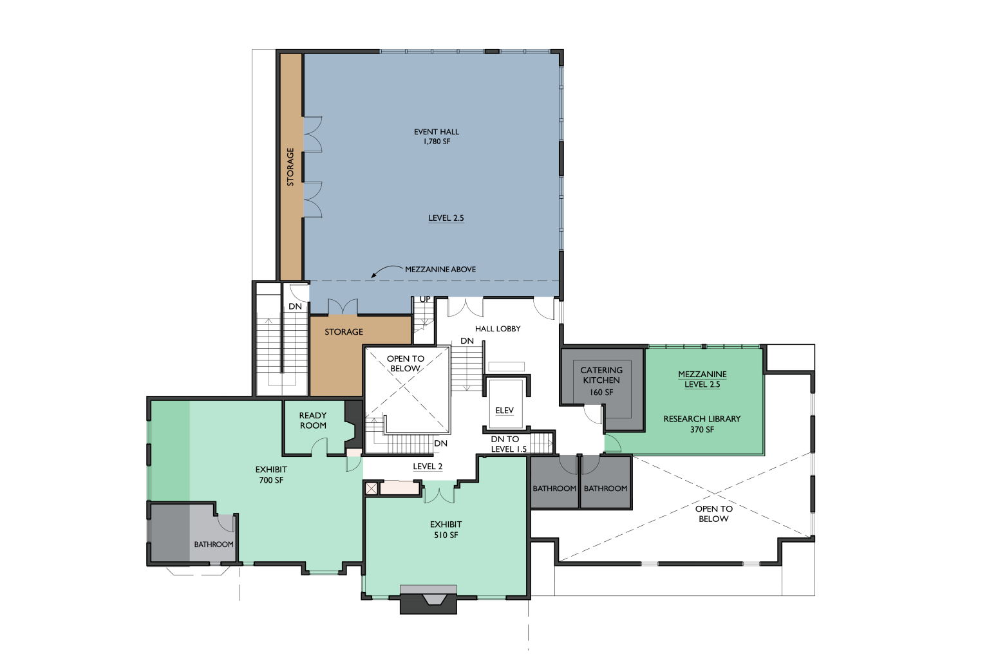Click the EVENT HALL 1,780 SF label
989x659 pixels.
coord(436,136)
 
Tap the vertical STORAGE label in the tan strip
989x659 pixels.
coord(290,167)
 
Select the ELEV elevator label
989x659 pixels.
coord(504,411)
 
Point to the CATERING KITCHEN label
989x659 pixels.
coord(601,375)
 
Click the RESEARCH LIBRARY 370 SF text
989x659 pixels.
coord(702,423)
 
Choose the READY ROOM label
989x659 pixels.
coord(312,420)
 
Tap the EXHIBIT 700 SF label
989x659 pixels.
coord(271,474)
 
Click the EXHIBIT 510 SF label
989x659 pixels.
coord(446,529)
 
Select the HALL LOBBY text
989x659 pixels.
coord(498,328)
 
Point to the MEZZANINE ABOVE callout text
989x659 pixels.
coord(440,269)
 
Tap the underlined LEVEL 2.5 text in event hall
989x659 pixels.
coord(446,218)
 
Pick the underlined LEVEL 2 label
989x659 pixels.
coord(428,467)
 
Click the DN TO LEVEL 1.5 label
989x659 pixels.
coord(509,444)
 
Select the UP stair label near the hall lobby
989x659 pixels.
coord(425,299)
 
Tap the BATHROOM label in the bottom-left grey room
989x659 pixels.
coord(214,544)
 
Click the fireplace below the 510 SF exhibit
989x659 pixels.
coord(428,599)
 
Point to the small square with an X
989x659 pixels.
coord(372,488)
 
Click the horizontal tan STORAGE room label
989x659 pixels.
coord(344,332)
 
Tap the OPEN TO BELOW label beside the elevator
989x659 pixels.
coord(405,364)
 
